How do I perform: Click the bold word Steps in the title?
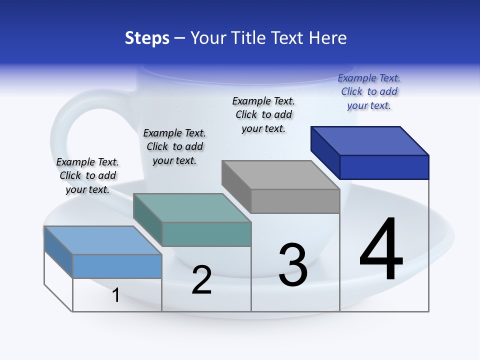(147, 38)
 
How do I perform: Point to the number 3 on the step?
(293, 265)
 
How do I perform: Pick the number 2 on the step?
(202, 280)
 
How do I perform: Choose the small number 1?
(116, 295)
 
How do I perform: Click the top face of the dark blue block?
(370, 140)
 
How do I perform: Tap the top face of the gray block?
(281, 174)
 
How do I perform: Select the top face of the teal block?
(192, 207)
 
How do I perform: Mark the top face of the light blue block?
(103, 240)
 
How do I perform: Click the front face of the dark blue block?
(384, 167)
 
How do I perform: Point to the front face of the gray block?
(295, 201)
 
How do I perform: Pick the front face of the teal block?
(206, 234)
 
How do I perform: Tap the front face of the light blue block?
(117, 266)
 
